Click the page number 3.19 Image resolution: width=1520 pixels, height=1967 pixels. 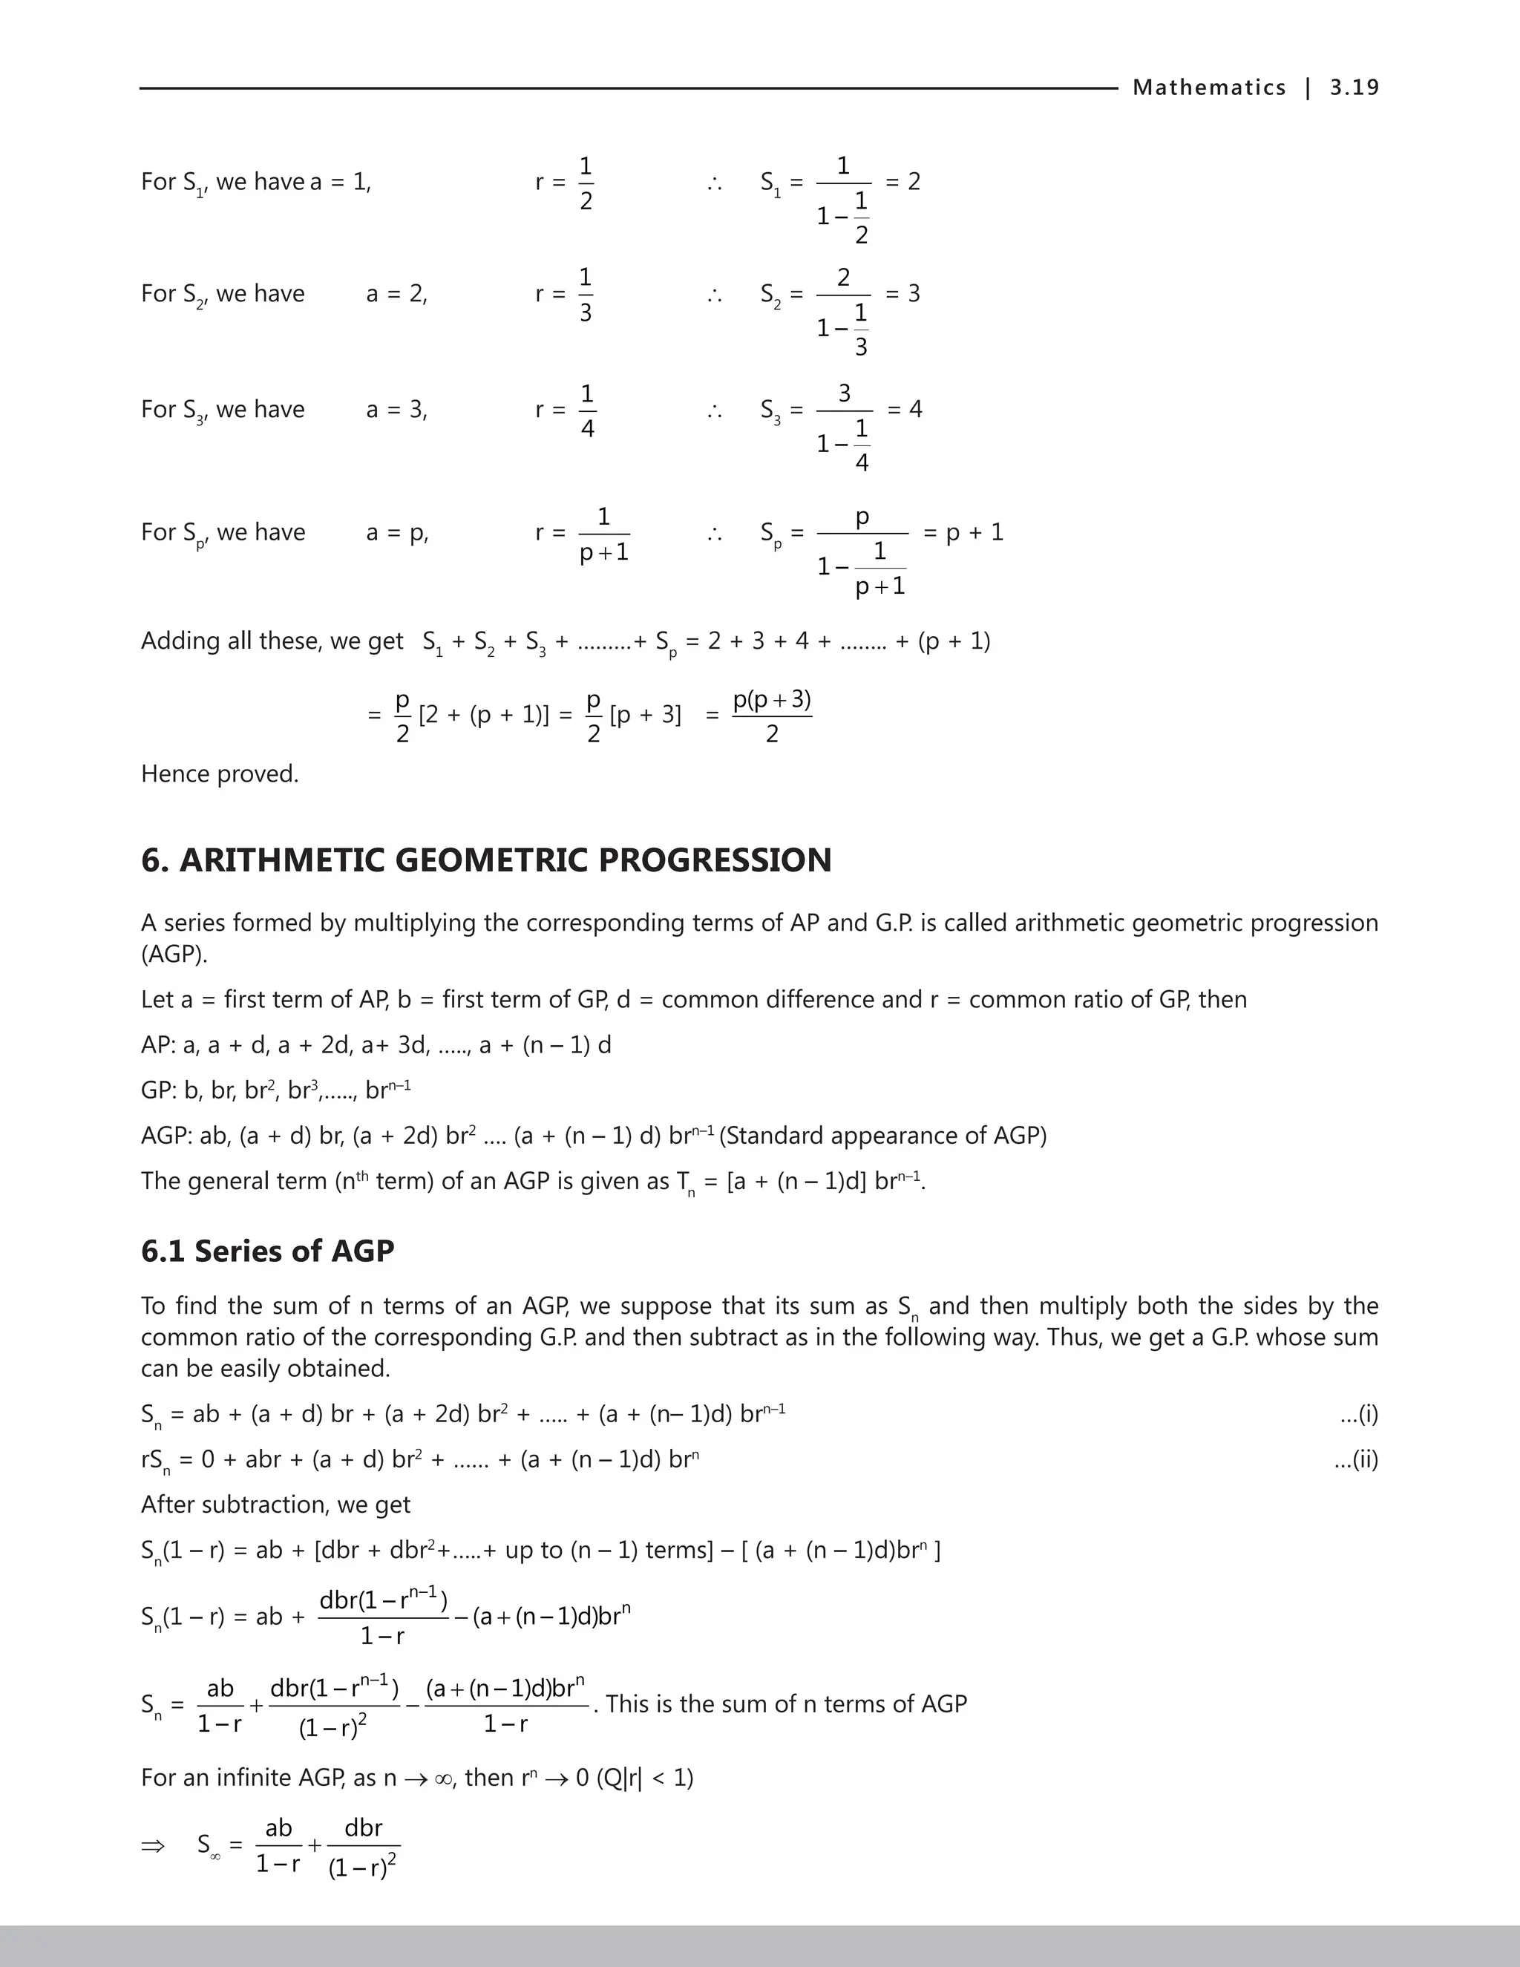1354,88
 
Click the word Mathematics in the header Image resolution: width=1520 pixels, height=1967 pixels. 1208,88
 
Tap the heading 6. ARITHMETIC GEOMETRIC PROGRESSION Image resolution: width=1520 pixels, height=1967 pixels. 485,860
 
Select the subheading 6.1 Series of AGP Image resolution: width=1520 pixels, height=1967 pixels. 267,1251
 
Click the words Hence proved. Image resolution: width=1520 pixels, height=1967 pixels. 219,773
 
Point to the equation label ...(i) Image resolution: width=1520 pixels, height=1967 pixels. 1358,1414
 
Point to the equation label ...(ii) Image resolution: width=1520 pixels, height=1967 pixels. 1355,1459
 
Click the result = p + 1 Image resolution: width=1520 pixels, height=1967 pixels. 963,532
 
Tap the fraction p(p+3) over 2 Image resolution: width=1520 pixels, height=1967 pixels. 772,716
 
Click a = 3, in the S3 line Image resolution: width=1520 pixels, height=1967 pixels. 396,410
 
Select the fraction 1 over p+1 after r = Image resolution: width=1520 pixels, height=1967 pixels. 603,534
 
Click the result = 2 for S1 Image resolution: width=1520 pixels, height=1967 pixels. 902,182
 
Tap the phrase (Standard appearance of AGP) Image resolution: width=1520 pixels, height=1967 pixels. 882,1136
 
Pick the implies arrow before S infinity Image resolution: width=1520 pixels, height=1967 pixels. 153,1846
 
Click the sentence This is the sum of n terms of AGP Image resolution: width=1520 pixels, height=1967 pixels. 785,1704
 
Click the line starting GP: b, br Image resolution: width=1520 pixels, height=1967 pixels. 275,1090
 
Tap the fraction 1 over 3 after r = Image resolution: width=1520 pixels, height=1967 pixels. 586,295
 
